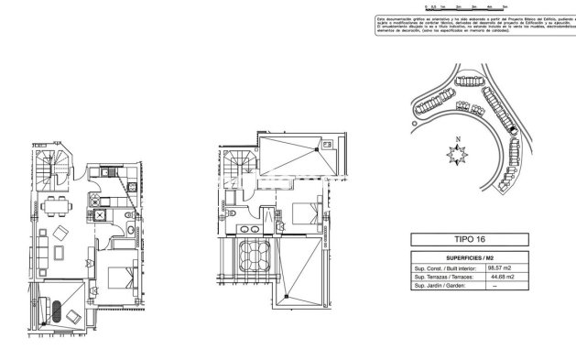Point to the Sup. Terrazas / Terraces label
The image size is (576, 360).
(446, 276)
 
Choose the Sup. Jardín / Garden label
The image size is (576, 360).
(441, 285)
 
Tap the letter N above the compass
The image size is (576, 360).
(455, 139)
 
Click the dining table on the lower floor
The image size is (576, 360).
(57, 203)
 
